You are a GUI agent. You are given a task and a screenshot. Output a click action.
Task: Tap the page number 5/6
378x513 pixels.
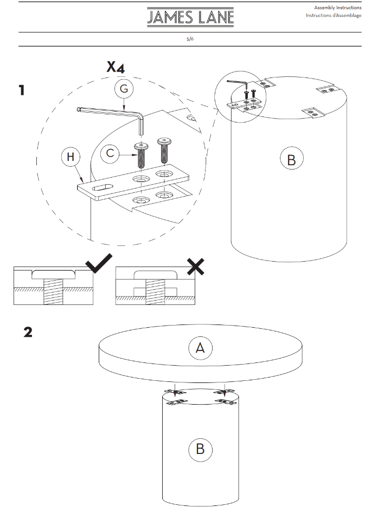pyautogui.click(x=190, y=40)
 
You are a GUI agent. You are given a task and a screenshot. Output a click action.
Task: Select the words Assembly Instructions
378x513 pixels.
pyautogui.click(x=337, y=8)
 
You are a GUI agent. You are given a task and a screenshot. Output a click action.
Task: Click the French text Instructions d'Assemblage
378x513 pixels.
pyautogui.click(x=333, y=15)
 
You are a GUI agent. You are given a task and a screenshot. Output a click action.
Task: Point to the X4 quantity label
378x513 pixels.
pyautogui.click(x=116, y=67)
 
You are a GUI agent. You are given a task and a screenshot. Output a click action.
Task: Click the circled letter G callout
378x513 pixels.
pyautogui.click(x=124, y=90)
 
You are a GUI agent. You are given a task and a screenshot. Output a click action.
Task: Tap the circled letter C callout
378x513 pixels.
pyautogui.click(x=110, y=154)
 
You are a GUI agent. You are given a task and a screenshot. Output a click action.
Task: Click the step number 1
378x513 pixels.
pyautogui.click(x=22, y=90)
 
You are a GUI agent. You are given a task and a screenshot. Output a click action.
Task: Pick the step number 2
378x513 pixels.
pyautogui.click(x=28, y=332)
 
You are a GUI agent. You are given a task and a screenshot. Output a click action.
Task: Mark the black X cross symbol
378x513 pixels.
pyautogui.click(x=196, y=265)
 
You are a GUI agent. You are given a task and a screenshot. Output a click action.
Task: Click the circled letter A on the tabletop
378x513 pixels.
pyautogui.click(x=200, y=348)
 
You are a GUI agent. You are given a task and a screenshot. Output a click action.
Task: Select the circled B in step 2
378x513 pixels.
pyautogui.click(x=200, y=449)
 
